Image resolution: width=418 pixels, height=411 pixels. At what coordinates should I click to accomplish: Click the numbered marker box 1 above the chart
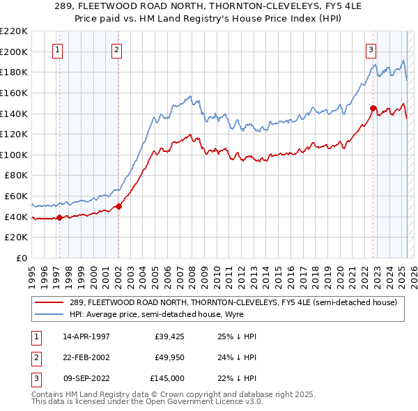point(56,49)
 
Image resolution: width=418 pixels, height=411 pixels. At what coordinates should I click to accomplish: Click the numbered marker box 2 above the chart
point(116,49)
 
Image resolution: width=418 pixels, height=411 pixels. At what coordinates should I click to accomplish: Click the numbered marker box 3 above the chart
point(371,49)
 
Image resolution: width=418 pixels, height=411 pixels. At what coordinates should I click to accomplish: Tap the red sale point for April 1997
point(59,217)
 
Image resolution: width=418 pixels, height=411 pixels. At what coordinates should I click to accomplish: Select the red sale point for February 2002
point(119,206)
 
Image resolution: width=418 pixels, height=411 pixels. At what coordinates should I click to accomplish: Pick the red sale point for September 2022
point(373,108)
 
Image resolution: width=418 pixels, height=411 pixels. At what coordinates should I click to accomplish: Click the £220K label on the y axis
point(15,31)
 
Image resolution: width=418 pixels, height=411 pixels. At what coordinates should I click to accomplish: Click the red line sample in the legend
point(50,302)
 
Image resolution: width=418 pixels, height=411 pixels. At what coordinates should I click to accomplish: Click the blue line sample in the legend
point(50,314)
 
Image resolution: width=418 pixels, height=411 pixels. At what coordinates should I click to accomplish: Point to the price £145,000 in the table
point(167,378)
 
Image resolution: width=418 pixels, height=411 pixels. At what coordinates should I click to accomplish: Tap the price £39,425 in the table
point(169,336)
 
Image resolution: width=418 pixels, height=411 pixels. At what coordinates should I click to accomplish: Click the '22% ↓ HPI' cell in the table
point(237,378)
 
